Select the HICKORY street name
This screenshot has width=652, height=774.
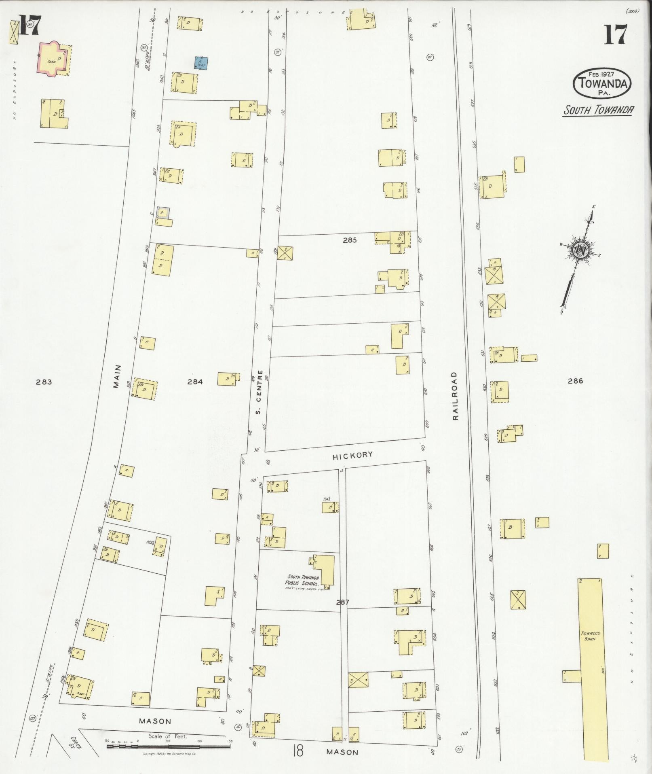click(352, 455)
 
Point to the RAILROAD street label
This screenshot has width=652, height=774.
click(456, 396)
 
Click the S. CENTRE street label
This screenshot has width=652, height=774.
click(259, 392)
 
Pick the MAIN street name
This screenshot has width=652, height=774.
click(117, 376)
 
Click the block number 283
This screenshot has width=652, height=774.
click(44, 382)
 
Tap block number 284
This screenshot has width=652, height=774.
click(195, 381)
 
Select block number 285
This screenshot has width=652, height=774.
click(350, 240)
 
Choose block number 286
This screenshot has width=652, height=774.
click(575, 381)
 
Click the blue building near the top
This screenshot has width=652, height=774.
click(201, 63)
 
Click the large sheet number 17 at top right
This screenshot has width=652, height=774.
click(616, 35)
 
